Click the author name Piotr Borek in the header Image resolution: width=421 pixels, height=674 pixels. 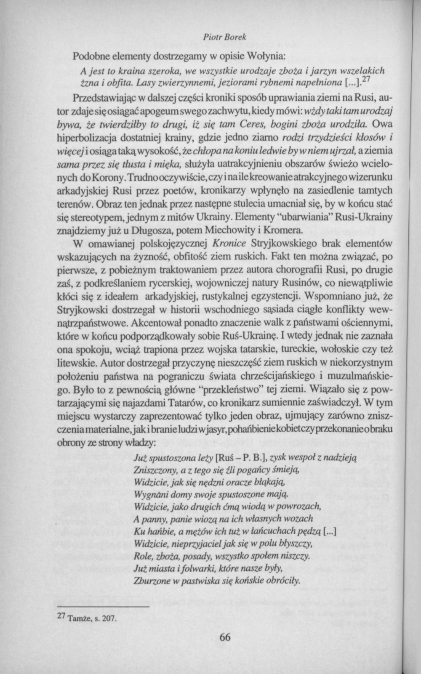[x=224, y=37]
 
